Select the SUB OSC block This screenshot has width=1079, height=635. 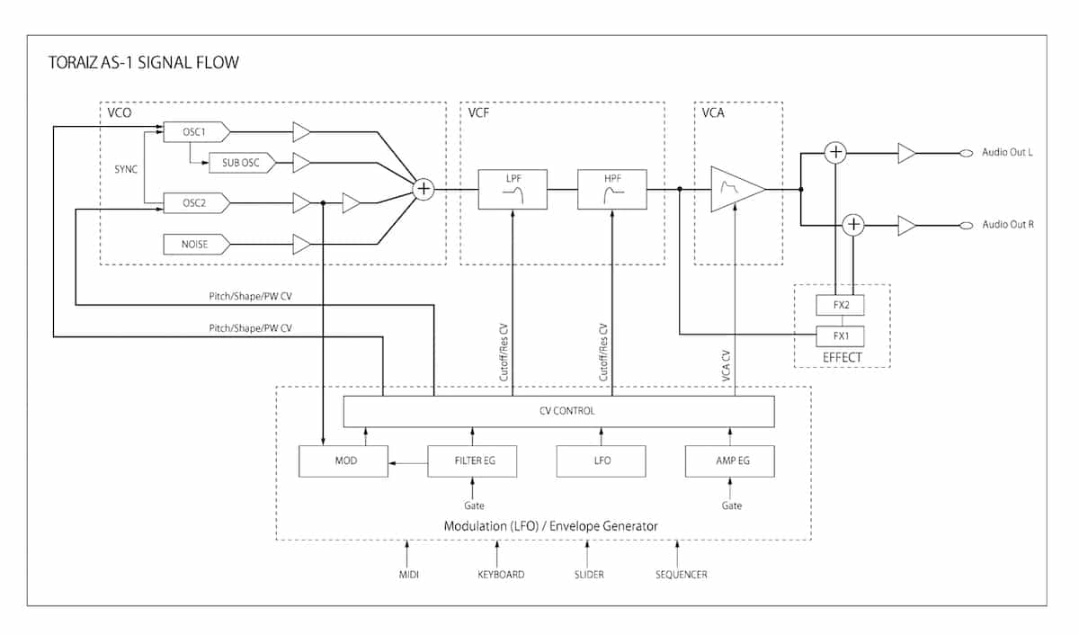[242, 164]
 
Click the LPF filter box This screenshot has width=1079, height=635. [513, 190]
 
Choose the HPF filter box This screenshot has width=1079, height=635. [612, 190]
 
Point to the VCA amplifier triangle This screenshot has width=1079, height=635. [737, 190]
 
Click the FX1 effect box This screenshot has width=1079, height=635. [840, 336]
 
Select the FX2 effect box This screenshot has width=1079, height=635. [840, 305]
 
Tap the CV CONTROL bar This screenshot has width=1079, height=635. [558, 411]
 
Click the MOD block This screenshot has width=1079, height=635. [343, 461]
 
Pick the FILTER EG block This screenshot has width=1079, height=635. [472, 461]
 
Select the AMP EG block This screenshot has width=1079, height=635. [730, 461]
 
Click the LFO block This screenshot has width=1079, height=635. [602, 461]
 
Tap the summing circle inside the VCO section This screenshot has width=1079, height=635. [424, 190]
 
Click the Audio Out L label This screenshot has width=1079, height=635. [1007, 152]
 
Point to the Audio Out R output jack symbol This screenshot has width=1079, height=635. [967, 226]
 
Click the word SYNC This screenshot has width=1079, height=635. [126, 169]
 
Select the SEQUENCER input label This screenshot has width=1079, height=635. [682, 575]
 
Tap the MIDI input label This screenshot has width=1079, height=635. [409, 575]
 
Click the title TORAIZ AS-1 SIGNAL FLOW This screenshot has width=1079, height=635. [144, 63]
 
